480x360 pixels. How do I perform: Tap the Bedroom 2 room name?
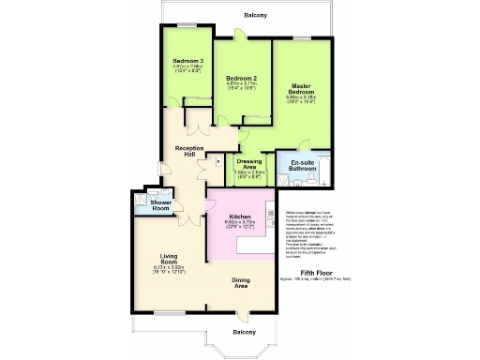click(241, 78)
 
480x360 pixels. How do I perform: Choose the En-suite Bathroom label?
click(301, 166)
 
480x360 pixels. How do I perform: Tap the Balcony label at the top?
click(255, 15)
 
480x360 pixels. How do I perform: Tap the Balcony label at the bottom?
click(243, 333)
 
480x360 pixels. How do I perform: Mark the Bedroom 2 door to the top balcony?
click(240, 37)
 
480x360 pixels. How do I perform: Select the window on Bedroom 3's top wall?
click(187, 25)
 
